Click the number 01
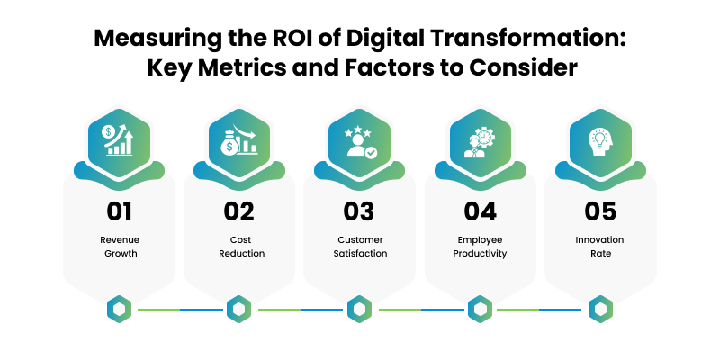pyautogui.click(x=120, y=211)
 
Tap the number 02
pyautogui.click(x=238, y=211)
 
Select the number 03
pyautogui.click(x=359, y=211)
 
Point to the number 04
pyautogui.click(x=480, y=211)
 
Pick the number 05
pyautogui.click(x=600, y=211)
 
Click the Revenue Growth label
pyautogui.click(x=120, y=247)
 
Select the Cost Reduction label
pyautogui.click(x=241, y=247)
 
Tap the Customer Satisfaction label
pyautogui.click(x=361, y=247)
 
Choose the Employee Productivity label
pyautogui.click(x=480, y=247)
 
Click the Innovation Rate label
pyautogui.click(x=600, y=247)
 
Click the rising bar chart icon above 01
pyautogui.click(x=118, y=139)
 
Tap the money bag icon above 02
pyautogui.click(x=238, y=139)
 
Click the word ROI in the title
pyautogui.click(x=283, y=39)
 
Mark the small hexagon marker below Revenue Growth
pyautogui.click(x=120, y=309)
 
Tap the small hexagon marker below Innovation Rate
pyautogui.click(x=600, y=309)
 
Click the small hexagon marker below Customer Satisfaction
pyautogui.click(x=359, y=309)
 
